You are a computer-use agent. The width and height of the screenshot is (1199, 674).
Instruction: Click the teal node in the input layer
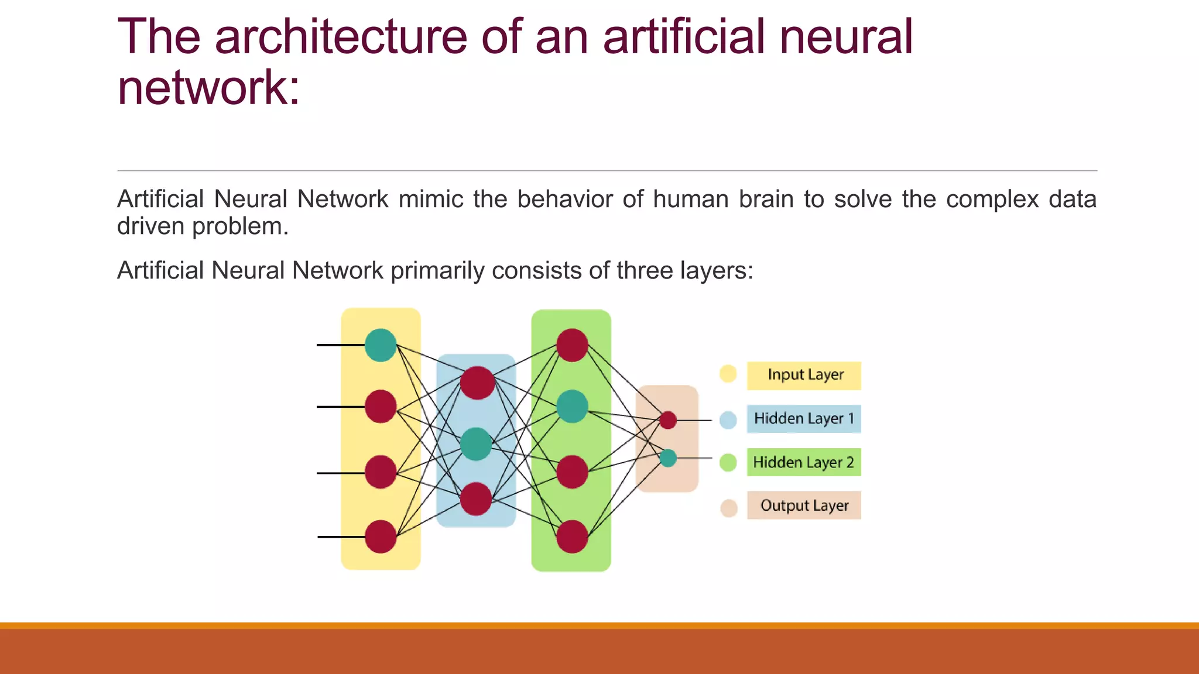[381, 345]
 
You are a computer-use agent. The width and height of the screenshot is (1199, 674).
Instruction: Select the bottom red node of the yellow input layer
[381, 537]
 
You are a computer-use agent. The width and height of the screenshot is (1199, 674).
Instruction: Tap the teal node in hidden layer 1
[476, 444]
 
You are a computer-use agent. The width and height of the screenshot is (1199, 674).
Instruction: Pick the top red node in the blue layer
[477, 383]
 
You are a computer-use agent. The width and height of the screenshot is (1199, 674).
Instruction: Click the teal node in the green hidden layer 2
[572, 407]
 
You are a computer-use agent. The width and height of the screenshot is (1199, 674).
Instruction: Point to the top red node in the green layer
[572, 345]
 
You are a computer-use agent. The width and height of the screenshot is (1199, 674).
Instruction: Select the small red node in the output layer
[668, 420]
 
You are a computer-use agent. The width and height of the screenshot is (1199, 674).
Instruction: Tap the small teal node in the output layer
[668, 458]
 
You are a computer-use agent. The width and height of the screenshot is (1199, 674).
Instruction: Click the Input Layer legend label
[804, 375]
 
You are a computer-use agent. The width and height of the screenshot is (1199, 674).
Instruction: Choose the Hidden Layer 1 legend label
[804, 419]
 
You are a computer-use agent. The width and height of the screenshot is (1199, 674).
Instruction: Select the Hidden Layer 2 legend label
[804, 462]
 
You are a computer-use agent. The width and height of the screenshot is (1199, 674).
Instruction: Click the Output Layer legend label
[804, 505]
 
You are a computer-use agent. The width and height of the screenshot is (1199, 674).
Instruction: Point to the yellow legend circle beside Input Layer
[728, 373]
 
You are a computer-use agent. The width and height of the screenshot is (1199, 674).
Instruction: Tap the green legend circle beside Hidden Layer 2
[728, 462]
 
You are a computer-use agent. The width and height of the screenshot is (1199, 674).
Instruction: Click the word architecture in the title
[341, 37]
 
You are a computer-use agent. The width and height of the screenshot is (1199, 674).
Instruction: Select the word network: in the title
[208, 88]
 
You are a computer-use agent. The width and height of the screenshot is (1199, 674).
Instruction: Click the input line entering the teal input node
[340, 345]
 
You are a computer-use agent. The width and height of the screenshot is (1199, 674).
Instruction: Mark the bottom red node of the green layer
[572, 537]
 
